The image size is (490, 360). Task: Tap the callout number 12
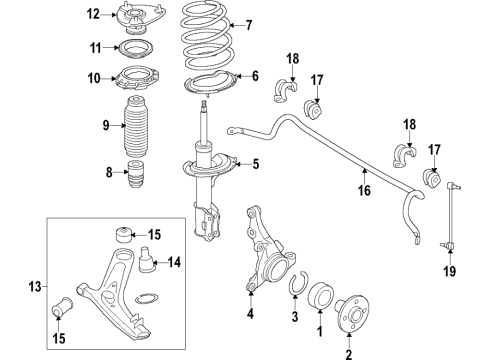93,15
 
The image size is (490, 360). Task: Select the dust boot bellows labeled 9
136,126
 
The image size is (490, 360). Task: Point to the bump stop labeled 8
136,174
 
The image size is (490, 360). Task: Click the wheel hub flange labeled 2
353,313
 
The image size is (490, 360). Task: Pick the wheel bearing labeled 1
320,296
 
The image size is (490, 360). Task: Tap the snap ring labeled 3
298,284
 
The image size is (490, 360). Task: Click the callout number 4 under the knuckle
250,313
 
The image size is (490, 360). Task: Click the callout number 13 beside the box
35,286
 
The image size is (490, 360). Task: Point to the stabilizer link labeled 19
450,216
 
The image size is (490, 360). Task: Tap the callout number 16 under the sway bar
364,190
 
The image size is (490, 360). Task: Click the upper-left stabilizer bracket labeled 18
286,90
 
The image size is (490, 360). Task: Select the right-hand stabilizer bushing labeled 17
432,179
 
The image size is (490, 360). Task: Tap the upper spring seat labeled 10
137,79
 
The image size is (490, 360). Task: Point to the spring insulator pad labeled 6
210,84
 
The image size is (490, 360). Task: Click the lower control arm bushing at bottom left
63,307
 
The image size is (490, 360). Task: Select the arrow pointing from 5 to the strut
242,164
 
